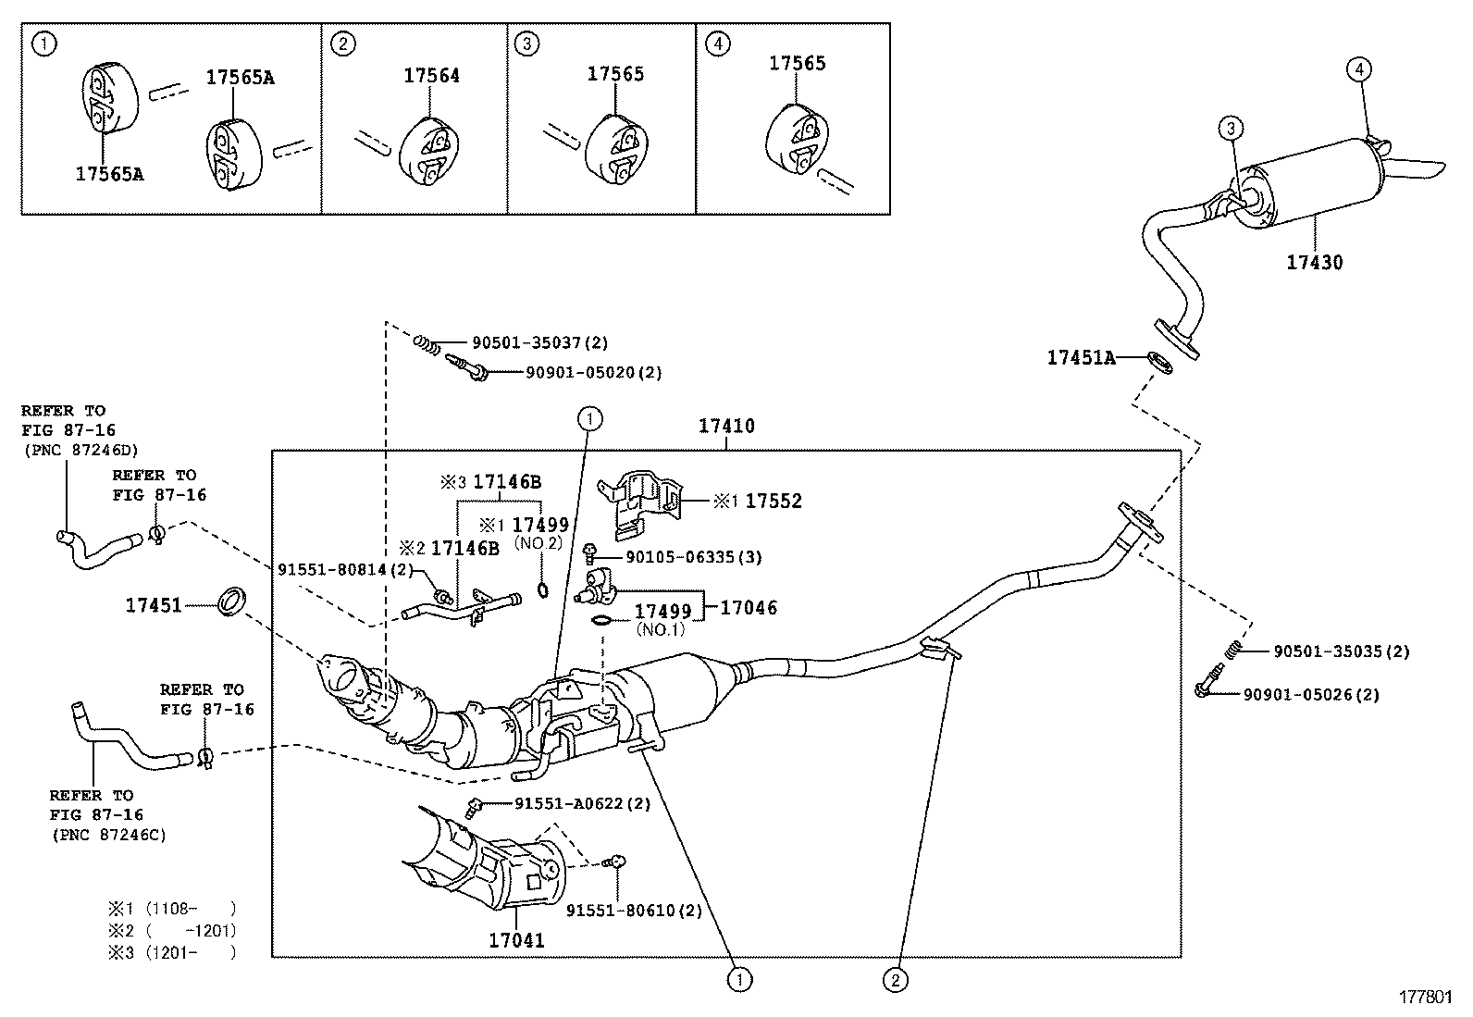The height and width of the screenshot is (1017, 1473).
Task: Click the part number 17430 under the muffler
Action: click(x=1314, y=263)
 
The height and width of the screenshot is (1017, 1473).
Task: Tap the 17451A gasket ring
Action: click(x=1160, y=363)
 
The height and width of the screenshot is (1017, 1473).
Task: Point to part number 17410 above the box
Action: click(x=726, y=427)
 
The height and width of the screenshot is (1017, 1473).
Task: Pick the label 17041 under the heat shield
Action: click(x=517, y=940)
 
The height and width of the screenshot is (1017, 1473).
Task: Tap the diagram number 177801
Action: click(x=1426, y=998)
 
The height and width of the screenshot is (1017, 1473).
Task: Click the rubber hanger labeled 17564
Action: click(x=428, y=152)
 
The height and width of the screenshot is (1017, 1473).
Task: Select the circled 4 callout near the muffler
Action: click(x=1359, y=69)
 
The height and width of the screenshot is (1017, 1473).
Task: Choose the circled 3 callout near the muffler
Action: click(x=1231, y=129)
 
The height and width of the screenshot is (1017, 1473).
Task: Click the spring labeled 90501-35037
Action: click(x=427, y=344)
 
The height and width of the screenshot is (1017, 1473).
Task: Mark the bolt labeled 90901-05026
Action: click(x=1208, y=680)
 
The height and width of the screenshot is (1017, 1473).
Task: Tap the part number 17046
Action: click(x=749, y=608)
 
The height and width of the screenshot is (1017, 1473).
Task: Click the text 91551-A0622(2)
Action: click(x=583, y=803)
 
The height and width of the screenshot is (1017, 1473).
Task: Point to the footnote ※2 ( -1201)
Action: click(x=172, y=930)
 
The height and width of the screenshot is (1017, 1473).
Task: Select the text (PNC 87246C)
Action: click(x=109, y=835)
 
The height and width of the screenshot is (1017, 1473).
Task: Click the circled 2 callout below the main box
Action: click(x=895, y=981)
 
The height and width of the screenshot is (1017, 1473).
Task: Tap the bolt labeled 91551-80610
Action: click(x=614, y=862)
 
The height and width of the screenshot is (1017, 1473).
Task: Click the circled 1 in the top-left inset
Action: click(x=44, y=44)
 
